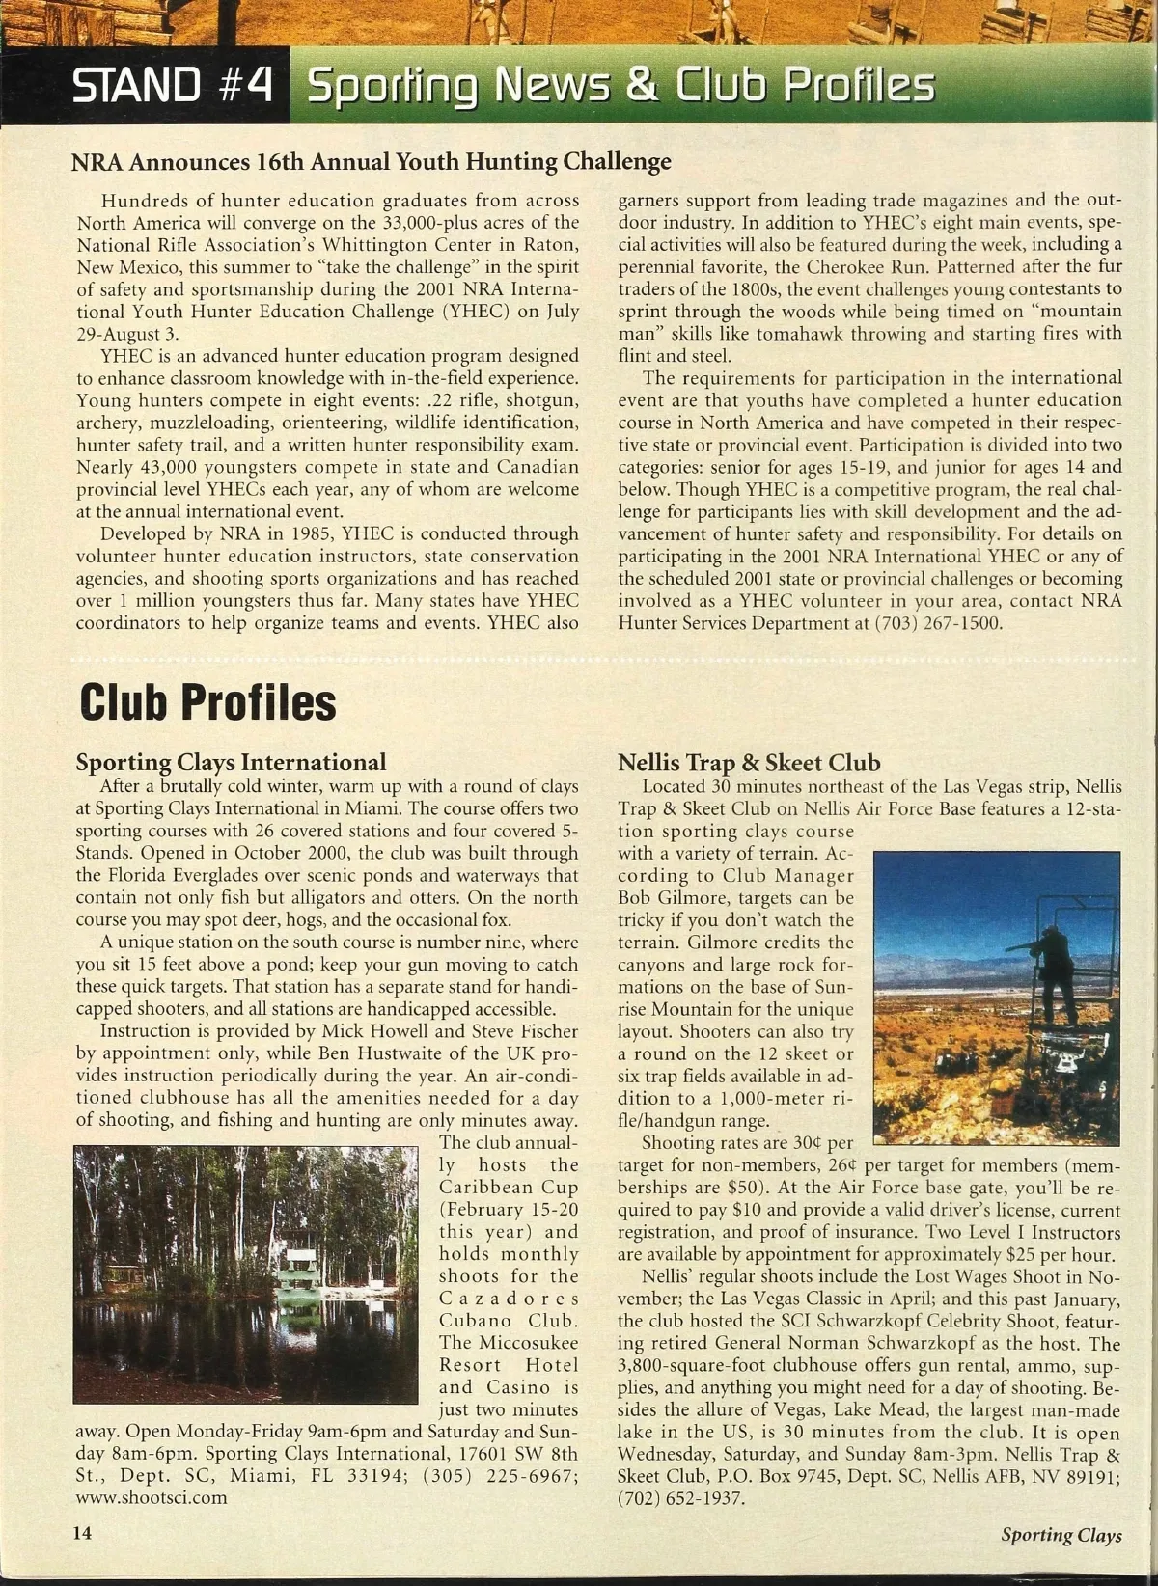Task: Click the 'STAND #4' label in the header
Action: coord(174,88)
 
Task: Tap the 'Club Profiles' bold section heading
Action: coord(207,701)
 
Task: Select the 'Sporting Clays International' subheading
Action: coord(231,762)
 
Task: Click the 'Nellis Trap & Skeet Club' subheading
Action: coord(749,762)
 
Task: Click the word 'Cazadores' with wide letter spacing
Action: coord(509,1299)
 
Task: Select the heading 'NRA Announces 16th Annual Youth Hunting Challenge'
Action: coord(372,161)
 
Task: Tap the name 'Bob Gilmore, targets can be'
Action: coord(734,898)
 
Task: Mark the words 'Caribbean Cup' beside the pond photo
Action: coord(509,1188)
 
